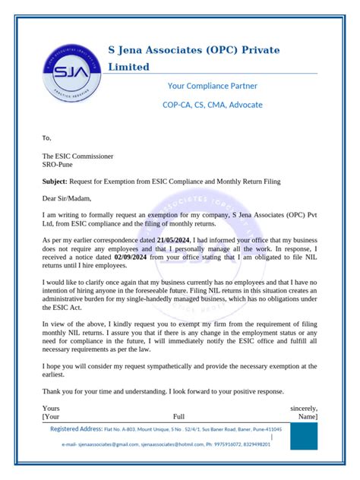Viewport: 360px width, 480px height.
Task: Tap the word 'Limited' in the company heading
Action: pyautogui.click(x=134, y=67)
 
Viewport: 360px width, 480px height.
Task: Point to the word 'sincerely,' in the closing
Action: pyautogui.click(x=304, y=408)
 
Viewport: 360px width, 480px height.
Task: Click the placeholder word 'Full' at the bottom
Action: pyautogui.click(x=178, y=417)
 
